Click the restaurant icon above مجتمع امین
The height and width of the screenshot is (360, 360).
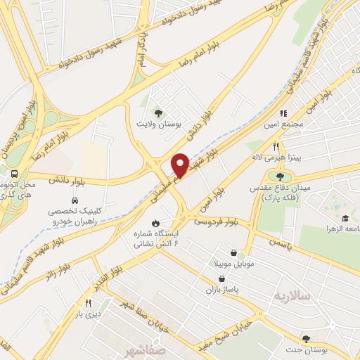point(284,112)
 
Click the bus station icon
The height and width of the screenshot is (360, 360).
point(15,172)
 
